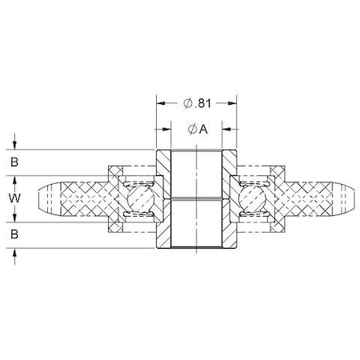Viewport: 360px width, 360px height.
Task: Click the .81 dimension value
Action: pyautogui.click(x=204, y=102)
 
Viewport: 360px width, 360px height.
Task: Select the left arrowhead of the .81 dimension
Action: pyautogui.click(x=160, y=102)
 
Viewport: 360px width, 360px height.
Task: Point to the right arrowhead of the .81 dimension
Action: pyautogui.click(x=233, y=102)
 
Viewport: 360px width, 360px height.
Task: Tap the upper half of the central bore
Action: pyautogui.click(x=197, y=174)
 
